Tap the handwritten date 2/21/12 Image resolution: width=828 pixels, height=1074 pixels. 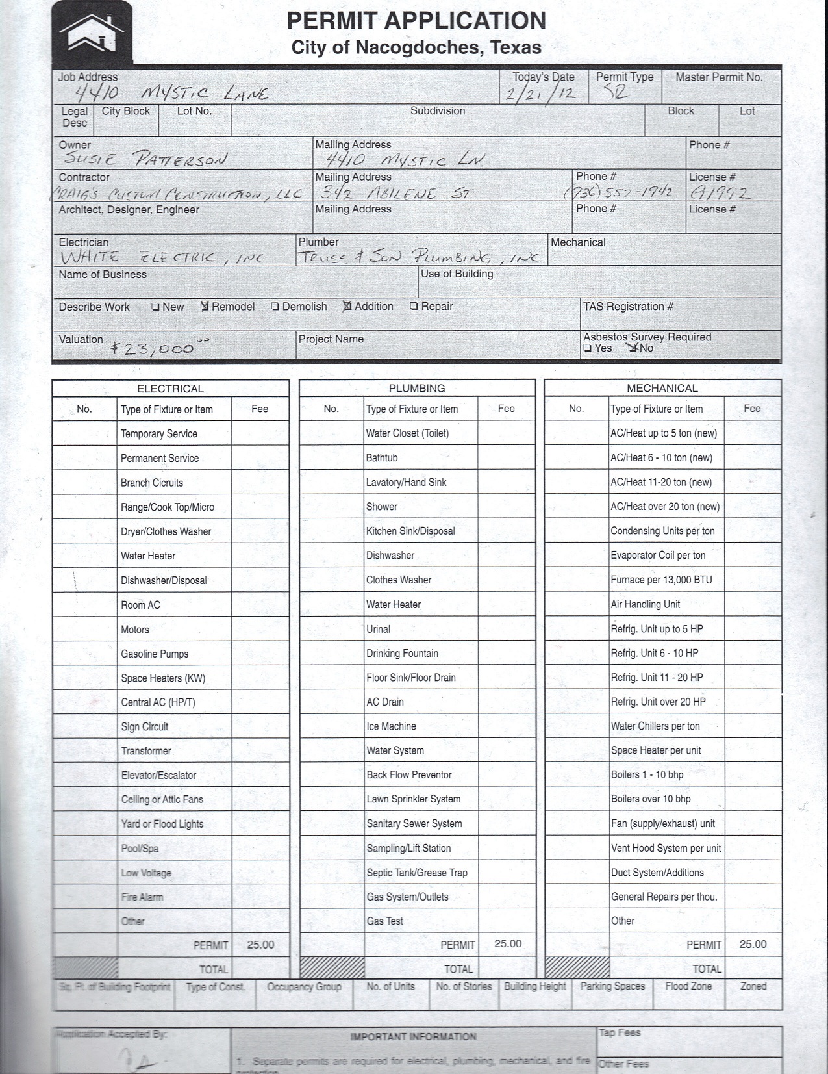pos(541,94)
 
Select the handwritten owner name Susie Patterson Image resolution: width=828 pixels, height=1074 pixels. pos(144,159)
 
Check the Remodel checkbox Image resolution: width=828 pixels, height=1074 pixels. pos(205,307)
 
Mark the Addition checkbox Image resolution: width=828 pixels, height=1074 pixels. pos(347,306)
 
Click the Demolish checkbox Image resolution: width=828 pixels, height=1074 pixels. pos(275,307)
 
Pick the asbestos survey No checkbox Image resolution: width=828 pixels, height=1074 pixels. pos(633,348)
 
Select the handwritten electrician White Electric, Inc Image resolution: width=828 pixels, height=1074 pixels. pos(161,257)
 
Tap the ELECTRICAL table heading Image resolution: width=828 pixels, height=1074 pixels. pos(170,389)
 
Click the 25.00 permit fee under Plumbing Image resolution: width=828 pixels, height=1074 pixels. pos(507,943)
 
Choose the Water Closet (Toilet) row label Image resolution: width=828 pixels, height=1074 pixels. pos(407,433)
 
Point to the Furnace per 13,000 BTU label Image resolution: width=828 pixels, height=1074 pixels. pos(661,580)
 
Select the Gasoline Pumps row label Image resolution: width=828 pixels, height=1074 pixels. pos(155,654)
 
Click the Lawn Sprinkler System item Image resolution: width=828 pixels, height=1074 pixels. pos(413,799)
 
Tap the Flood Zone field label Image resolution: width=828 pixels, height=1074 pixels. pos(688,986)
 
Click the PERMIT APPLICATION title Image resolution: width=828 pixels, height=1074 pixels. pos(416,21)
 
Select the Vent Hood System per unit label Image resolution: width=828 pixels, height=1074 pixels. pos(666,848)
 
